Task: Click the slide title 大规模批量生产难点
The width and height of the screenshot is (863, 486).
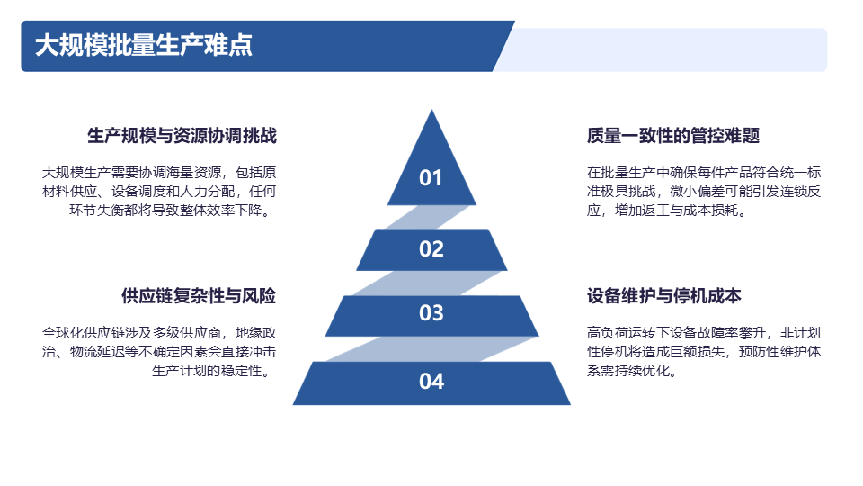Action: (x=144, y=45)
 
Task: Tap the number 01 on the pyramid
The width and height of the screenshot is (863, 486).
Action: (x=431, y=178)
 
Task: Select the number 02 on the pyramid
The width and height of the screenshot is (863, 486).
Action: (x=431, y=249)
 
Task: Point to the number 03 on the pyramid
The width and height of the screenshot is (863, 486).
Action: (x=431, y=313)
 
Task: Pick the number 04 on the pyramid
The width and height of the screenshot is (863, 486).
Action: (x=431, y=382)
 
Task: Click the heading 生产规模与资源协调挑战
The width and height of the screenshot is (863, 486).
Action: (x=182, y=136)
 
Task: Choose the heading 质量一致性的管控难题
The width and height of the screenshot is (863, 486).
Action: (x=673, y=136)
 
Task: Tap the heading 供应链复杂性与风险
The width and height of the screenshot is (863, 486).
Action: (x=199, y=296)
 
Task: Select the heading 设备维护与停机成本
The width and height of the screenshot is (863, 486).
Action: (x=663, y=296)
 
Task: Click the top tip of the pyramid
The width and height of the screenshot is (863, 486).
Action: (x=432, y=110)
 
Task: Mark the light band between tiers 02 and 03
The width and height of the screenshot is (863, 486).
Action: (x=428, y=283)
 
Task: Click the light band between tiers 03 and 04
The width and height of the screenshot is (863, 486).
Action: (x=430, y=349)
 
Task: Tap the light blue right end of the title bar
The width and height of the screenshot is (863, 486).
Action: (x=661, y=49)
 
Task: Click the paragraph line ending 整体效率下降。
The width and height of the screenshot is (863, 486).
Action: (x=172, y=211)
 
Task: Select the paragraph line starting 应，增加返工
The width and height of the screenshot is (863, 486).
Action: (x=667, y=211)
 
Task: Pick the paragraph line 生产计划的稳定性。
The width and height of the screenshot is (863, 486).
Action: (x=213, y=371)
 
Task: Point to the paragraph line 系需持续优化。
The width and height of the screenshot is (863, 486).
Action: (x=632, y=371)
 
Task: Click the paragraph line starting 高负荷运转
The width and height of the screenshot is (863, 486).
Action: (x=704, y=333)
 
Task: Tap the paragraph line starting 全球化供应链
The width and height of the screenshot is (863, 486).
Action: (x=159, y=333)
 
